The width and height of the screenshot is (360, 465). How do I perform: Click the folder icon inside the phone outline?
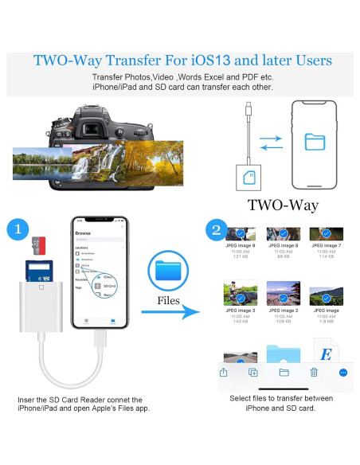[x=315, y=142]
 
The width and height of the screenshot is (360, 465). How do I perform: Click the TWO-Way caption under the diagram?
[x=283, y=205]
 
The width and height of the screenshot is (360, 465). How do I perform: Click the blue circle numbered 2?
[x=215, y=230]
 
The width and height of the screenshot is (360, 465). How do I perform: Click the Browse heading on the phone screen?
[x=83, y=234]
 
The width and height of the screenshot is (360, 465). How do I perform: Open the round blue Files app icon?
[x=170, y=272]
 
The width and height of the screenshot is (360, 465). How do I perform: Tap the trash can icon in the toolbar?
[x=314, y=372]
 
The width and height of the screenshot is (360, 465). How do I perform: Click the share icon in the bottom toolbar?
[x=224, y=372]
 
